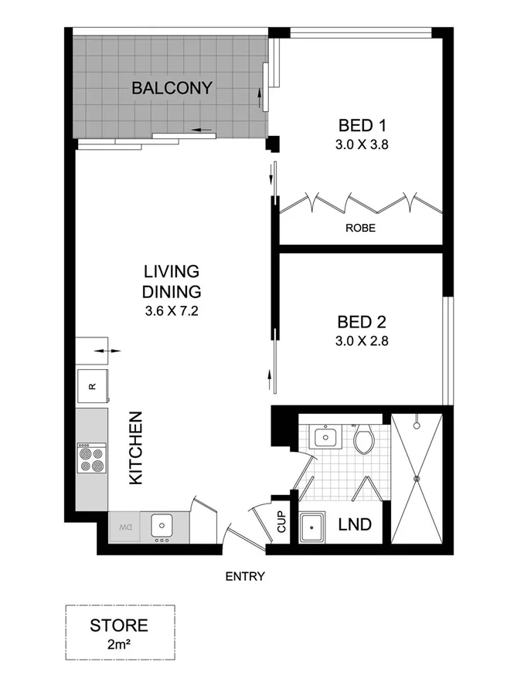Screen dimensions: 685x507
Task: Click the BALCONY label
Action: click(x=172, y=88)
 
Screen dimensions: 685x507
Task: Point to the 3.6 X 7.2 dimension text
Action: click(x=172, y=312)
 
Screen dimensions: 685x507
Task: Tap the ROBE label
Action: click(x=360, y=228)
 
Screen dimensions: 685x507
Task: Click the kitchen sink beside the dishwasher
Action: click(x=162, y=526)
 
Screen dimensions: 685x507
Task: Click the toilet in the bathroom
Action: click(x=363, y=440)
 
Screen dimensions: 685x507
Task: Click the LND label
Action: click(x=355, y=525)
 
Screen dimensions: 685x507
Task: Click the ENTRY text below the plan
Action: click(x=245, y=576)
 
